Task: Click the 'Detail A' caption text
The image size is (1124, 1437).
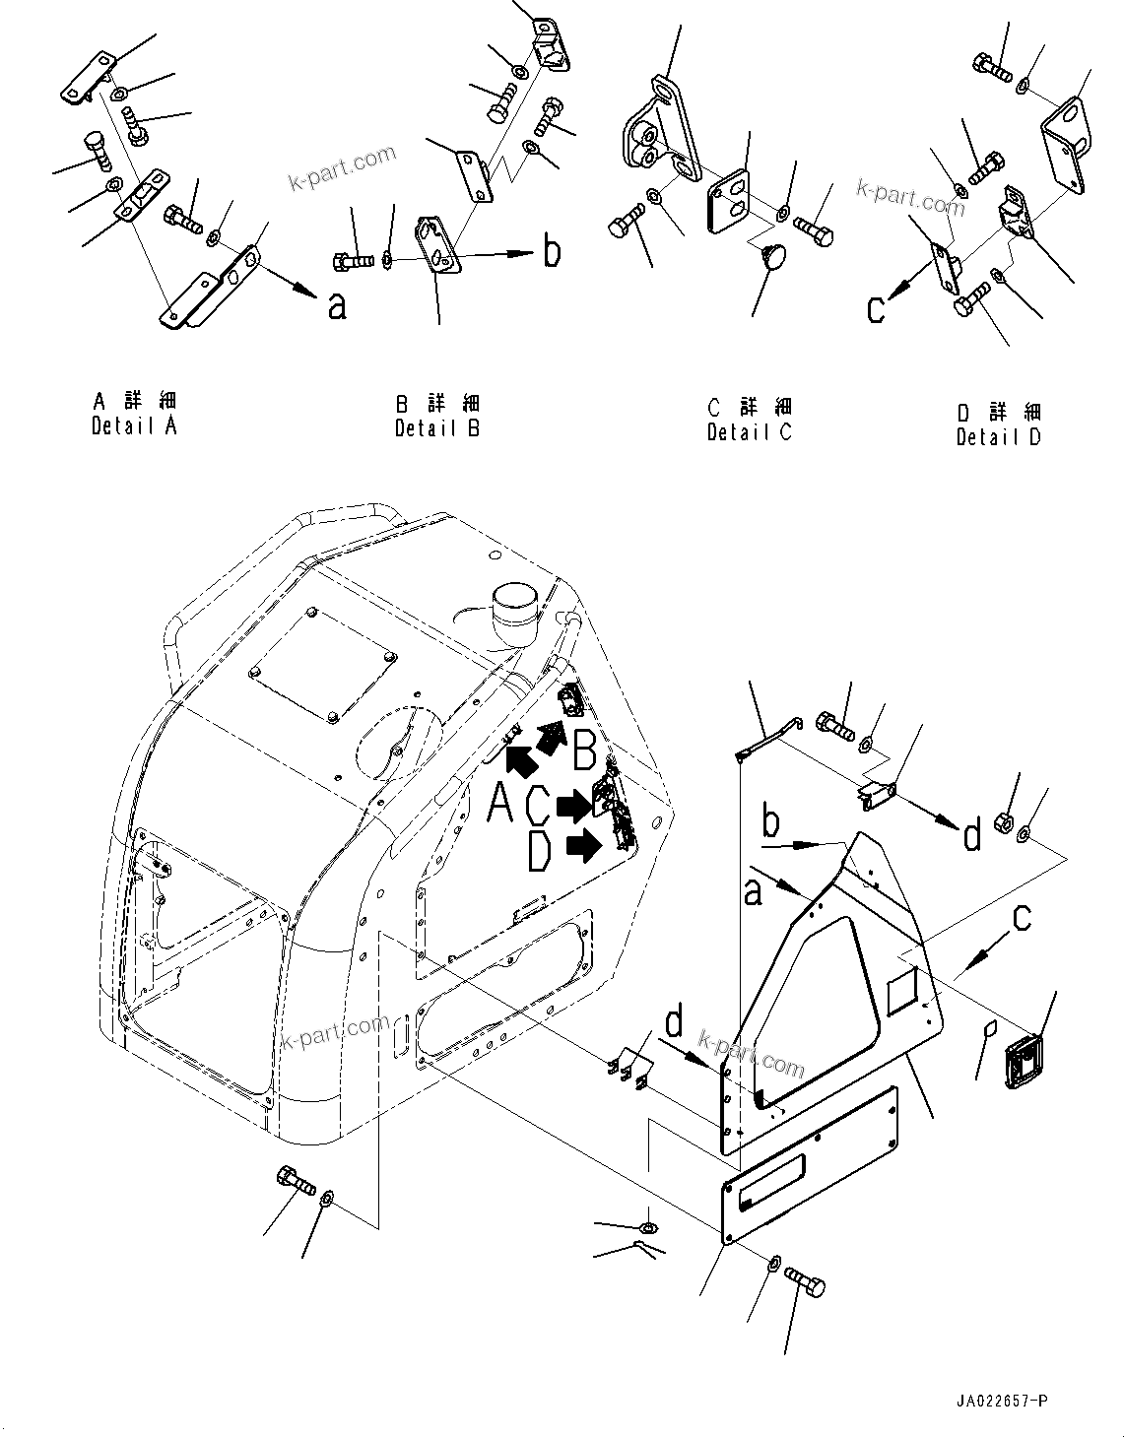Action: point(134,426)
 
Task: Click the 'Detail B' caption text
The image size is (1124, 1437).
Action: point(437,428)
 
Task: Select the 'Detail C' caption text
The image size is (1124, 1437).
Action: point(749,432)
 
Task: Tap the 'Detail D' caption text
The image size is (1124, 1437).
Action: point(998,437)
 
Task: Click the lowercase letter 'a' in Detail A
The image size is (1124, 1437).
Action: point(338,308)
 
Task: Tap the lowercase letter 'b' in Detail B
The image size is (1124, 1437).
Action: point(553,251)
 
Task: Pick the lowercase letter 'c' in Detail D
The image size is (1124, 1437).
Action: point(875,309)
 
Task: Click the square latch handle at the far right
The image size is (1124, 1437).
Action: point(1025,1062)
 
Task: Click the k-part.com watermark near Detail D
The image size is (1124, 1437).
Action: point(910,197)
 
